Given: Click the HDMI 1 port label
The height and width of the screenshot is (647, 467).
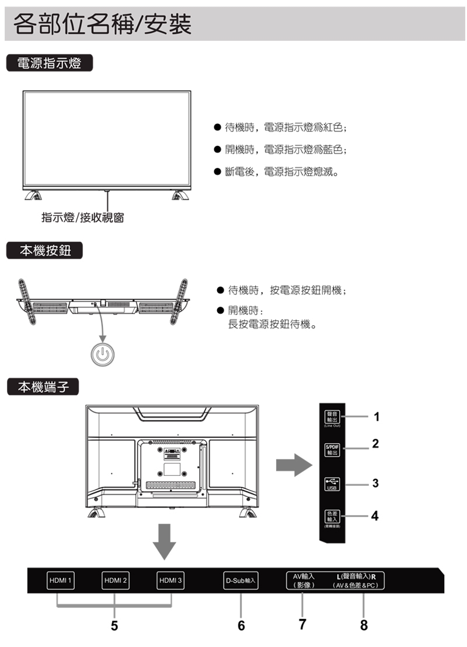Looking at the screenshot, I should [61, 580].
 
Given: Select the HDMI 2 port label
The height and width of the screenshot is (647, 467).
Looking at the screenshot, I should [115, 580].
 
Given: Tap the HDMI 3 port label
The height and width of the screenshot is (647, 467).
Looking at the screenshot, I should [170, 580].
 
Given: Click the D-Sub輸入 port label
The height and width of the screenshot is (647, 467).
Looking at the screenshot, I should [240, 582].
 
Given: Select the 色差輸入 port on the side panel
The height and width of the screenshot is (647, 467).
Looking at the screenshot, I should [332, 516].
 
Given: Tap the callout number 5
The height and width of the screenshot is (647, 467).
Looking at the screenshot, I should [114, 625].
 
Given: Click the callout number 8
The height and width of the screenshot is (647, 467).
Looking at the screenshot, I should [364, 625].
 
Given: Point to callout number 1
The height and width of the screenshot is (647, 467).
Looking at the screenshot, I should [377, 417].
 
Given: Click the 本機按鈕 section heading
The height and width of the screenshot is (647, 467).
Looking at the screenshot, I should [44, 251].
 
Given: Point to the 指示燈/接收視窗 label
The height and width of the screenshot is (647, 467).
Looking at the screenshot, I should [82, 218].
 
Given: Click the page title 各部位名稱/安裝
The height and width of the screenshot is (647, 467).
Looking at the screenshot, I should [102, 25].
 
